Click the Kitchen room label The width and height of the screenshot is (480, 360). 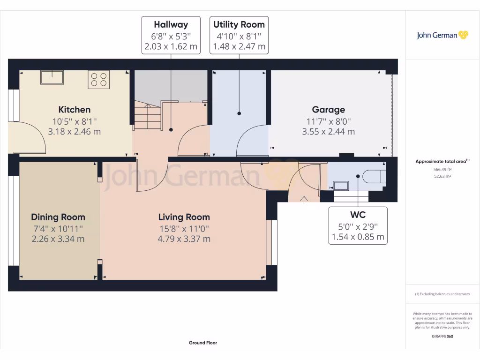tap(74, 110)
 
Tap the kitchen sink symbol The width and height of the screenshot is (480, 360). tap(52, 77)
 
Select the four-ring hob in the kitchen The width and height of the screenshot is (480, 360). tap(98, 80)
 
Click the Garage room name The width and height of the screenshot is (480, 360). tap(328, 110)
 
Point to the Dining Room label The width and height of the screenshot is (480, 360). tap(58, 217)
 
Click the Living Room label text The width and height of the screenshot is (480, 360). tap(184, 217)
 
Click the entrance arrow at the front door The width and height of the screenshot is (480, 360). tap(304, 200)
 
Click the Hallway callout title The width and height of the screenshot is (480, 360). tap(171, 25)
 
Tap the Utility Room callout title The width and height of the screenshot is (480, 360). tap(239, 25)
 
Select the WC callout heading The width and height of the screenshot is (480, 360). tap(358, 215)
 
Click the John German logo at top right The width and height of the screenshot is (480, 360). tap(442, 35)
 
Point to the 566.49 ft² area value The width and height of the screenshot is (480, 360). tap(442, 169)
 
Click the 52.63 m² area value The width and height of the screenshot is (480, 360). tap(442, 176)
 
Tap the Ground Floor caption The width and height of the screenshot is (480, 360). tap(203, 343)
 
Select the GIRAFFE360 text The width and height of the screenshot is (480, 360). tap(442, 336)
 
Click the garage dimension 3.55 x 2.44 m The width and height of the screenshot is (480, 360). tap(328, 132)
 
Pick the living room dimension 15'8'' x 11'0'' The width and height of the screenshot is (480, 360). tap(184, 228)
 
